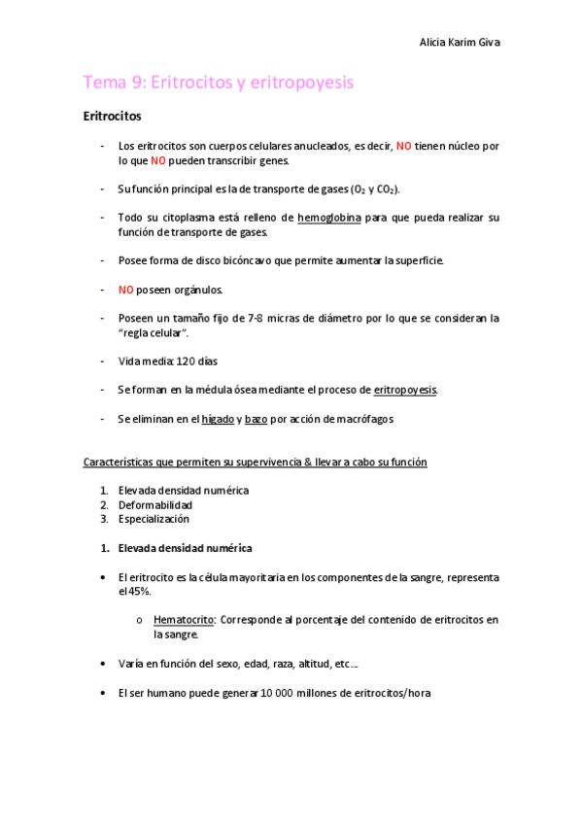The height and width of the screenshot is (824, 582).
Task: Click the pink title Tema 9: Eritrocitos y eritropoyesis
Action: (219, 84)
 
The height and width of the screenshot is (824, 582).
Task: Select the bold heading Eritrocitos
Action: (113, 118)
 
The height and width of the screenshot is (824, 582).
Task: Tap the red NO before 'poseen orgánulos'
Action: (125, 290)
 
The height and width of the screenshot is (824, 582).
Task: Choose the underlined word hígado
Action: (218, 419)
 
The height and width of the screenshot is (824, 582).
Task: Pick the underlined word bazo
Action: (257, 419)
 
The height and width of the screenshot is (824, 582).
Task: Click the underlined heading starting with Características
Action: (255, 463)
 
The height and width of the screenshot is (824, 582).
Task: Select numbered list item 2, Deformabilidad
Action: (154, 505)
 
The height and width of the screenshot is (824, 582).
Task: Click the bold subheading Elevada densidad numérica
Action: (185, 548)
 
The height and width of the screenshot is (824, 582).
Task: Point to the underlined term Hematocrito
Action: (184, 619)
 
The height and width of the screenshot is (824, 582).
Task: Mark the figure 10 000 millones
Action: (294, 694)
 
